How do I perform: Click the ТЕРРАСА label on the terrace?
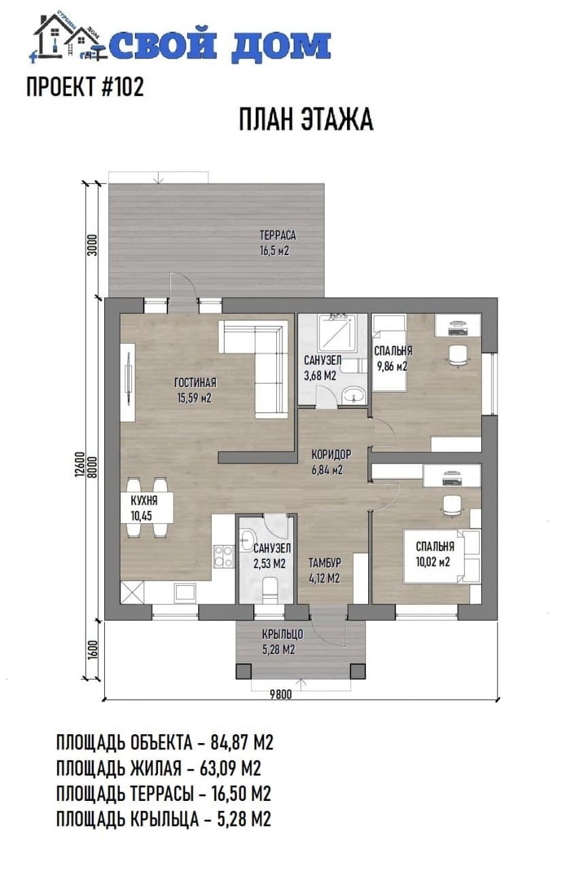coord(278,235)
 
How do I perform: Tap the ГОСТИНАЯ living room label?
coord(195,382)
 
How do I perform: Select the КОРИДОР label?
coord(331,454)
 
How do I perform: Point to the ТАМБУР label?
coord(325,563)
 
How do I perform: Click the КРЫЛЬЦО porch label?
coord(282,634)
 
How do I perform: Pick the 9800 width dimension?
coord(281,695)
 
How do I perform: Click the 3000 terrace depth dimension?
coord(92,244)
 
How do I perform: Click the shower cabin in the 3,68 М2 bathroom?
coord(337,333)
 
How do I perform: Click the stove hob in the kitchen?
coord(224,557)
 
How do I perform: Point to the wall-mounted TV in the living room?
coord(127,382)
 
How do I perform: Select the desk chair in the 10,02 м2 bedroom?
coord(453,506)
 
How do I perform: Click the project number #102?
coord(123,86)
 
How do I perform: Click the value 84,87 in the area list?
coord(229,742)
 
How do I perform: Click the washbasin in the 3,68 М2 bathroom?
coord(353,395)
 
